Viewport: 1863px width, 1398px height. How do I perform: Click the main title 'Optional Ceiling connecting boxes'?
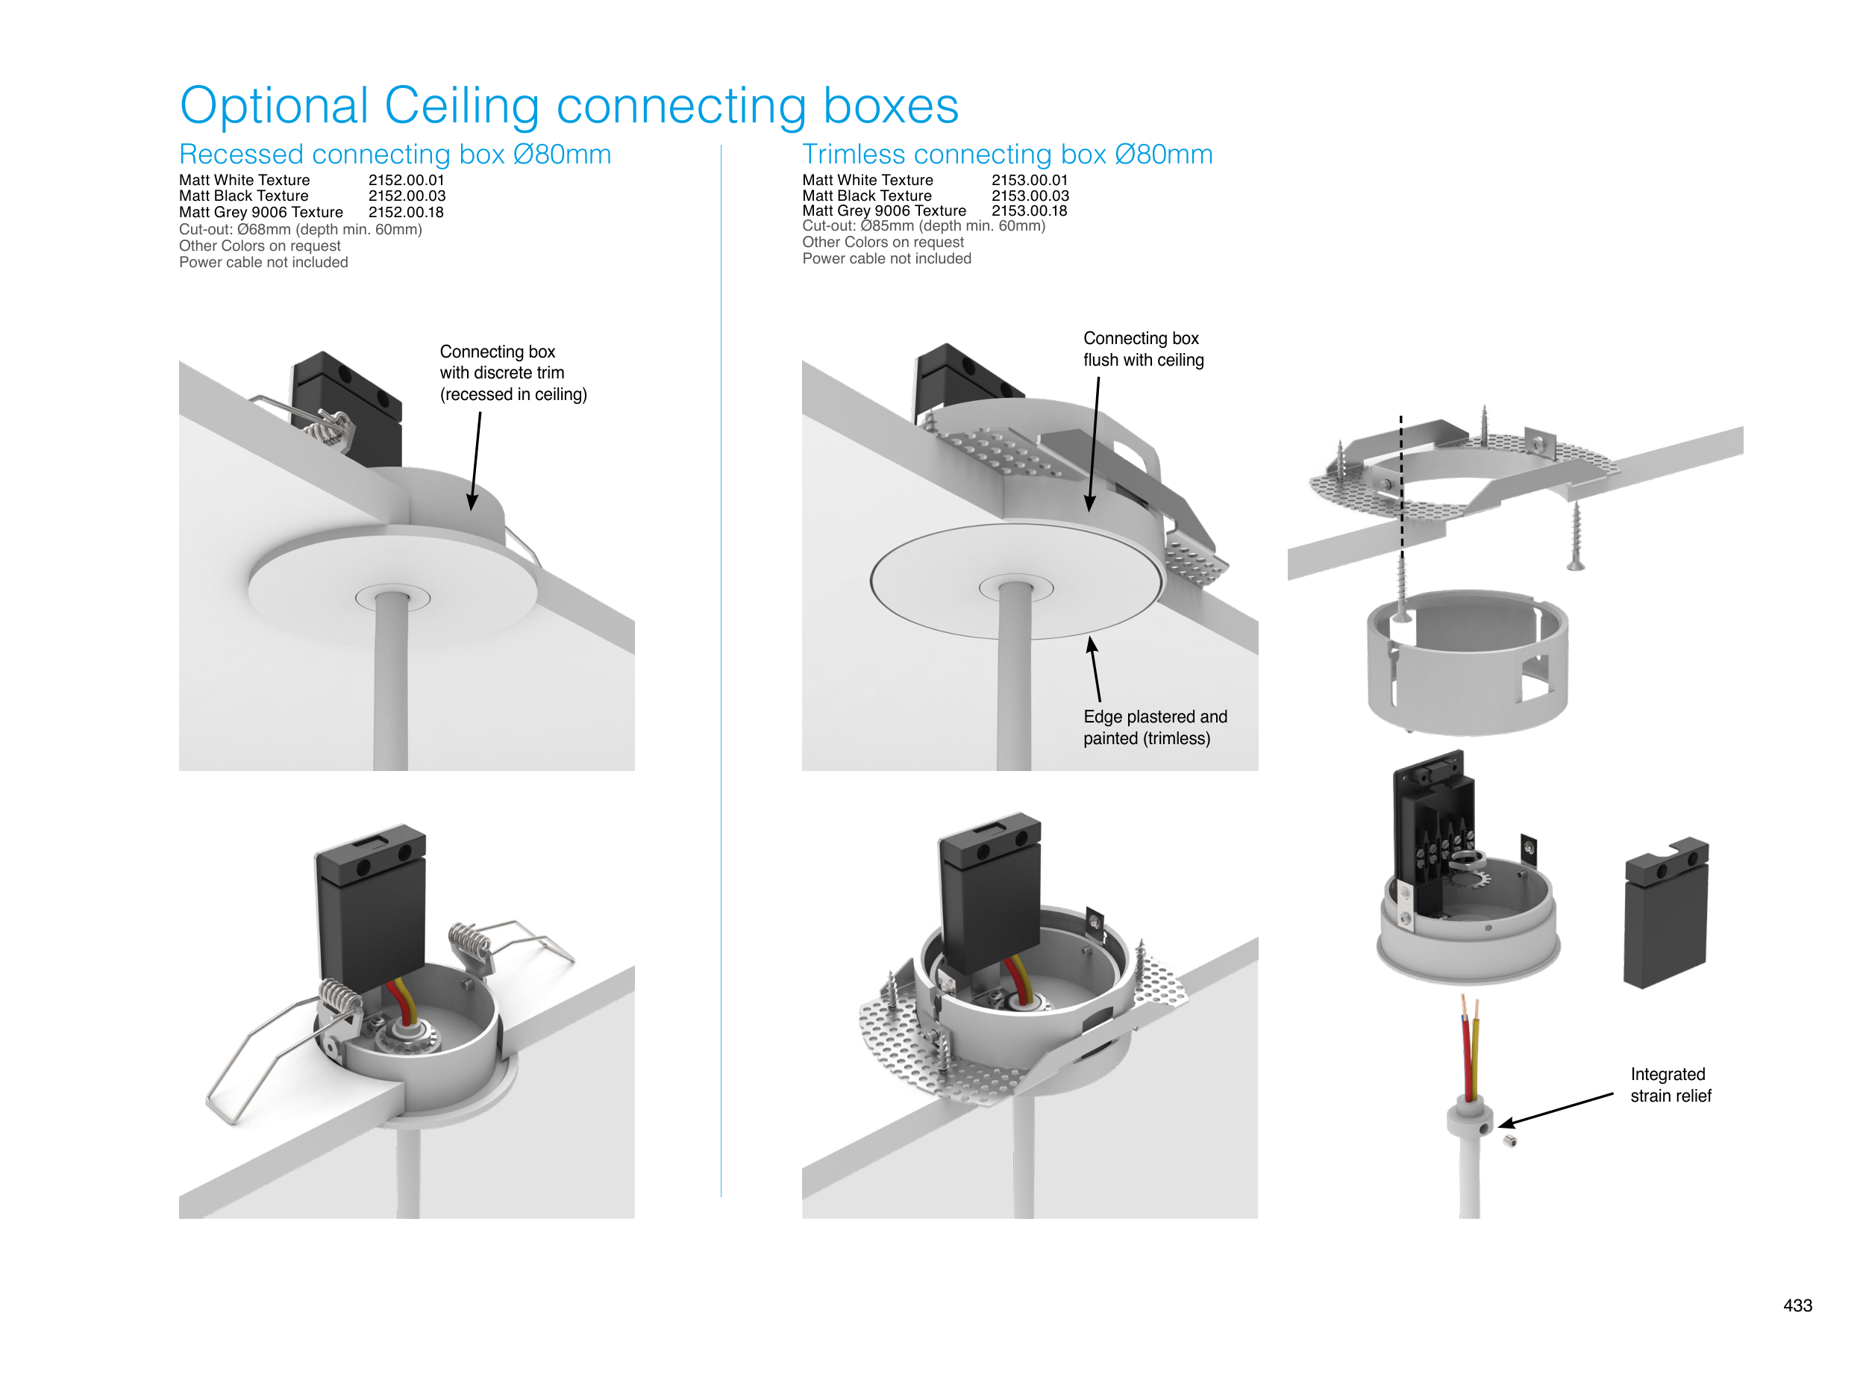coord(569,106)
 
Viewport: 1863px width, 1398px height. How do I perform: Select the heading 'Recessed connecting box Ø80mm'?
coord(394,155)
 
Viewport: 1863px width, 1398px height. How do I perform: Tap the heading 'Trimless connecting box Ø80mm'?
coord(1006,155)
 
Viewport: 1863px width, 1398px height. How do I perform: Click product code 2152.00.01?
coord(406,181)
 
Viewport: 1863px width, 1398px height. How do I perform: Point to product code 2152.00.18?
coord(406,213)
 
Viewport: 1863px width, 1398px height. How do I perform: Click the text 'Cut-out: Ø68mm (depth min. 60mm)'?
coord(300,229)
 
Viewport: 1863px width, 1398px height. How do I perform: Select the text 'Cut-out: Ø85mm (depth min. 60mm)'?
coord(923,226)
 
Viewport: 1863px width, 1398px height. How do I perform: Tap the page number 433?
coord(1797,1305)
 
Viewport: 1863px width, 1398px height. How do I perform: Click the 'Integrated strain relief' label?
coord(1670,1085)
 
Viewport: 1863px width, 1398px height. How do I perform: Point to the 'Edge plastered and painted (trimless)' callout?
coord(1154,727)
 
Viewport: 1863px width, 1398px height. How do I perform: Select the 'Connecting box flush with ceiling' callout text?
coord(1143,349)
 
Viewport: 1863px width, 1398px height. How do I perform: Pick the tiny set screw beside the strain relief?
coord(1510,1141)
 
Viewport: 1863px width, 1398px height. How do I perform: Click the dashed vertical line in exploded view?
coord(1401,489)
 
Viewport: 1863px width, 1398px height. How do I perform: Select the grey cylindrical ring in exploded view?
coord(1466,661)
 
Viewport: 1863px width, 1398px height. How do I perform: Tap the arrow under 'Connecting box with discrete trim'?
coord(476,461)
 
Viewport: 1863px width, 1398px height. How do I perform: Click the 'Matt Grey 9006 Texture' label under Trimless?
coord(883,210)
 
